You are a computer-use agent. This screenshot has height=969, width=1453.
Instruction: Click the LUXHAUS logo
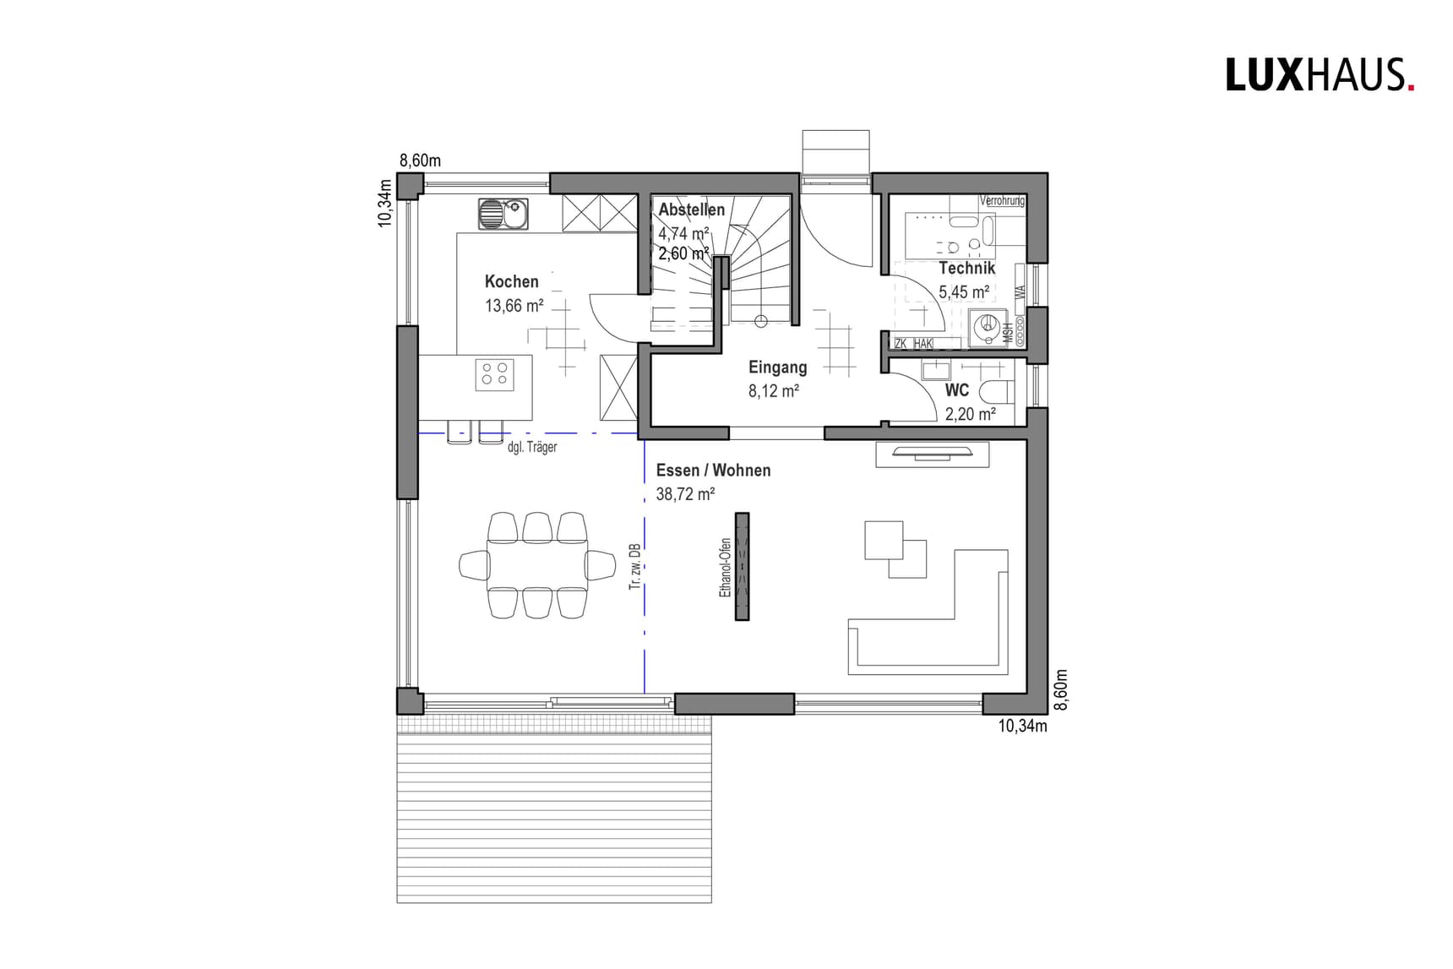point(1319,74)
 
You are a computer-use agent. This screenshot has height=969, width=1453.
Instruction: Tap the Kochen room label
point(511,281)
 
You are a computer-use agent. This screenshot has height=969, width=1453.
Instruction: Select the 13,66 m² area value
point(514,306)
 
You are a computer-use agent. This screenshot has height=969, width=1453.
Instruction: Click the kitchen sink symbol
point(503,214)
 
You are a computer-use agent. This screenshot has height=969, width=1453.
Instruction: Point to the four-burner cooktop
point(495,373)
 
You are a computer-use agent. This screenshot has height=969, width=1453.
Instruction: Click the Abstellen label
point(691,210)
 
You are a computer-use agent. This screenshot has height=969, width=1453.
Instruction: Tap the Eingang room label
point(777,367)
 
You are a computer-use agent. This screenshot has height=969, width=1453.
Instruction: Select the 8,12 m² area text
point(773,391)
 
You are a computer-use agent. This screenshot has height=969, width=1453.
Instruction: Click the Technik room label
point(966,268)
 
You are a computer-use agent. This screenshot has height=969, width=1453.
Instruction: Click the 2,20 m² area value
point(970,414)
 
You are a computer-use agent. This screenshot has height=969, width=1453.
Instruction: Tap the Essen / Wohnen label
point(713,471)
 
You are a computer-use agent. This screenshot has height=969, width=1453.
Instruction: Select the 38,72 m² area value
point(685,494)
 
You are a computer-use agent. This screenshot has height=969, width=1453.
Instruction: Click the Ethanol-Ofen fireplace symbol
point(742,566)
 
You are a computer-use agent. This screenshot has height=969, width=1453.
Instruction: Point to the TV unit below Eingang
point(932,455)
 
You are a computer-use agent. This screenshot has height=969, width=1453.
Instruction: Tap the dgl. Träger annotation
point(531,447)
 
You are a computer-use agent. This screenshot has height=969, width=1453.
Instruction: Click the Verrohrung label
point(1002,201)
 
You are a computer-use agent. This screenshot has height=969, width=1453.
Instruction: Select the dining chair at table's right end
point(601,564)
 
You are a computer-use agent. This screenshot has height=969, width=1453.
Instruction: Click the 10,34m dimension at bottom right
point(1022,726)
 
